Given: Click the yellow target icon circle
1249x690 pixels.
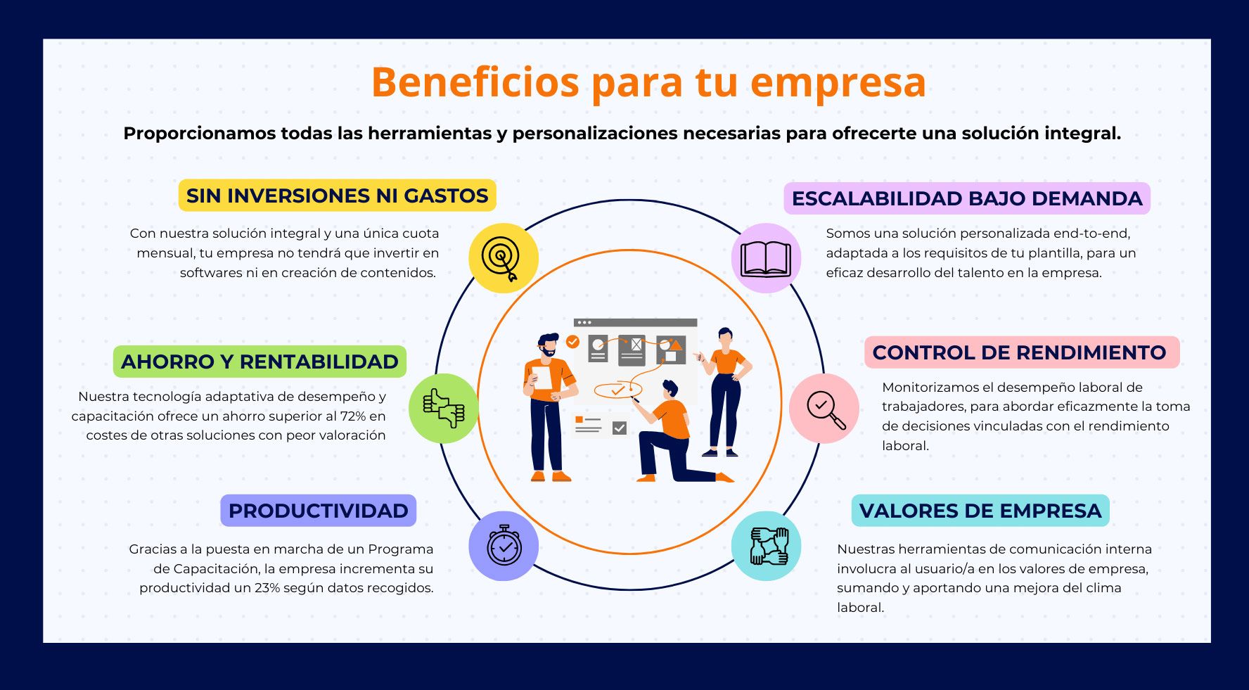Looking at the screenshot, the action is point(504,258).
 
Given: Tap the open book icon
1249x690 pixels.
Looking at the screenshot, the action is point(766,259).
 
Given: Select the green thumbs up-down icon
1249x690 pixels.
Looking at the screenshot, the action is point(444,409).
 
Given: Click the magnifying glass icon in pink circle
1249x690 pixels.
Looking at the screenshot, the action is point(826,409).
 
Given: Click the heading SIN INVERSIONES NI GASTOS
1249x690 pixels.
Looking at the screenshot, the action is point(337,196).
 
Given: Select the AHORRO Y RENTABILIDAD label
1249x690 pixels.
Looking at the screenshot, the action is point(260,362).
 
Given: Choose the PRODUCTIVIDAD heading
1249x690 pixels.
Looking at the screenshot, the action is point(318,511).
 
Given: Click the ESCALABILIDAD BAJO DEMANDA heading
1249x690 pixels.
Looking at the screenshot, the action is point(967,198).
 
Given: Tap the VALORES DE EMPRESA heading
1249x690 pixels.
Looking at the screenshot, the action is point(980,511).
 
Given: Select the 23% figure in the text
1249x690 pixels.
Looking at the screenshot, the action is point(267,588).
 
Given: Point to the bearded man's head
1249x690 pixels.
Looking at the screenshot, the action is point(547,345).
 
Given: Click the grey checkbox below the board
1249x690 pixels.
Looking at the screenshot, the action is point(620,428).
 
